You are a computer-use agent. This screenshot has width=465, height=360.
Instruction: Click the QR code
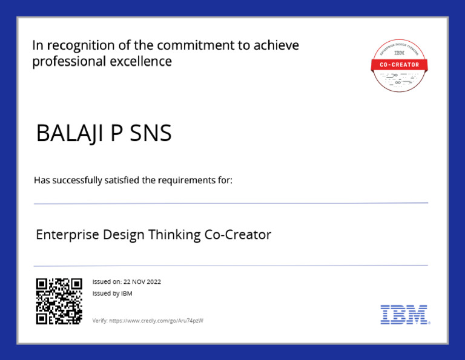pyautogui.click(x=59, y=301)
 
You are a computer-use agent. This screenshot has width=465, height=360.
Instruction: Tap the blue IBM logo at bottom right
pyautogui.click(x=404, y=315)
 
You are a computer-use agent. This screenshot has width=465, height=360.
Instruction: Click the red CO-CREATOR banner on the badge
pyautogui.click(x=399, y=65)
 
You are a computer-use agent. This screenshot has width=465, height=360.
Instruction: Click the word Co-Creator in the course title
pyautogui.click(x=238, y=234)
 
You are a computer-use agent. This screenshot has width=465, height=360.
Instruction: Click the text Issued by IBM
pyautogui.click(x=112, y=293)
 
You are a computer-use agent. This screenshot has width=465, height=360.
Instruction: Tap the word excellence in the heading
pyautogui.click(x=143, y=62)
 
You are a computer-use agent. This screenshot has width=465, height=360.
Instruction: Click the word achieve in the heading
pyautogui.click(x=277, y=46)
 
